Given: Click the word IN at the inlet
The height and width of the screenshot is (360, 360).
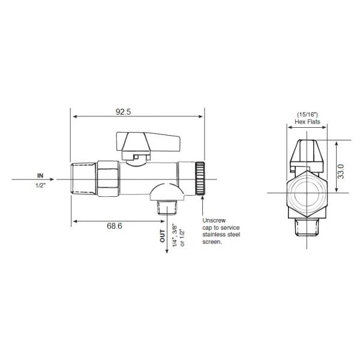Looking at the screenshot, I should tap(40, 175).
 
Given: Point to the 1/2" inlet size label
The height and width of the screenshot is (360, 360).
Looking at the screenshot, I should tap(40, 185).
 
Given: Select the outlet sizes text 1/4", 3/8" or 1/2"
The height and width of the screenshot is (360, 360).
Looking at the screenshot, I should tap(178, 235).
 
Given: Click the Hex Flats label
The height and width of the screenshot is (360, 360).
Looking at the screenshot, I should tap(307, 122).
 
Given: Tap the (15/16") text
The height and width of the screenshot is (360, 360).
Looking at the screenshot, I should tap(307, 114).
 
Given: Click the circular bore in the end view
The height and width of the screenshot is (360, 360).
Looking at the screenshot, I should tap(307, 193).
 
